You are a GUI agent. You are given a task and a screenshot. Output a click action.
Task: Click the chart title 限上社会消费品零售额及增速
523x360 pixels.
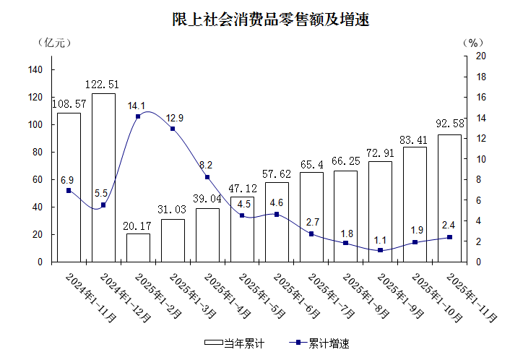(261, 19)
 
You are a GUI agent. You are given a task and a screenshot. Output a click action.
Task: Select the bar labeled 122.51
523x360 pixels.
(103, 177)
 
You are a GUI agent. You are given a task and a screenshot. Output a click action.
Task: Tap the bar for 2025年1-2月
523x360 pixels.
(138, 247)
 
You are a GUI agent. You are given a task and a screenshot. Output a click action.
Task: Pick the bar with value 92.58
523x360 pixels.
(449, 197)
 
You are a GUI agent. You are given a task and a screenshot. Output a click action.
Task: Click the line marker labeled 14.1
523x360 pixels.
(138, 116)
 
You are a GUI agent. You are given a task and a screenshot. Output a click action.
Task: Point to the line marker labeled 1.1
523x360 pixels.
(380, 250)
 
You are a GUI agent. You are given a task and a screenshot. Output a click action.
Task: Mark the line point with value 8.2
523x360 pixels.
(207, 177)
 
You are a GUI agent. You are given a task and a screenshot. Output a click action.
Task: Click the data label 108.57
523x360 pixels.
(69, 104)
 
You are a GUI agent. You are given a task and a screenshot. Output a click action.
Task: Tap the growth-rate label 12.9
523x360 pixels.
(175, 118)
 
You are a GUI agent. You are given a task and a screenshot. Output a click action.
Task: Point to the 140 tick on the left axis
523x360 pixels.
(37, 69)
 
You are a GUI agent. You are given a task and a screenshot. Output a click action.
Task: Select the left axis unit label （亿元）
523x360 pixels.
(54, 41)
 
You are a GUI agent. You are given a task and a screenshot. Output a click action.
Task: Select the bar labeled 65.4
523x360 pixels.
(311, 217)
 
